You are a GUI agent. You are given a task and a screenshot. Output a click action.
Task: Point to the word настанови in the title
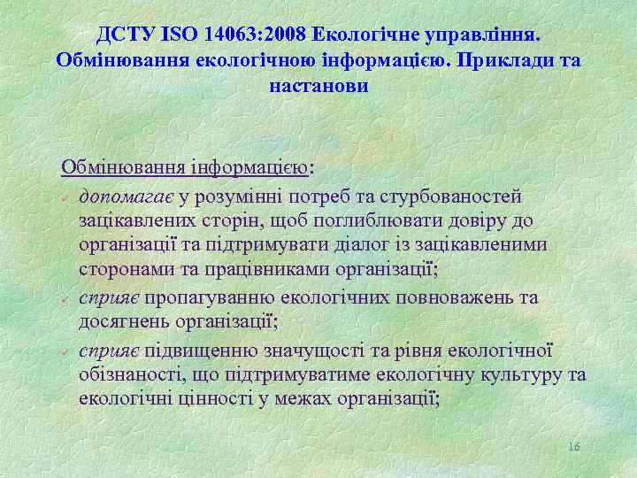click(x=317, y=87)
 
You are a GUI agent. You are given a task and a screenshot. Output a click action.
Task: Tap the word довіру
click(x=510, y=220)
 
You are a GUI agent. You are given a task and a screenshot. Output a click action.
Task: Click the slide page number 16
click(x=573, y=448)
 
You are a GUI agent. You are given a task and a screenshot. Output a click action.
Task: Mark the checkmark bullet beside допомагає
click(x=66, y=197)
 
